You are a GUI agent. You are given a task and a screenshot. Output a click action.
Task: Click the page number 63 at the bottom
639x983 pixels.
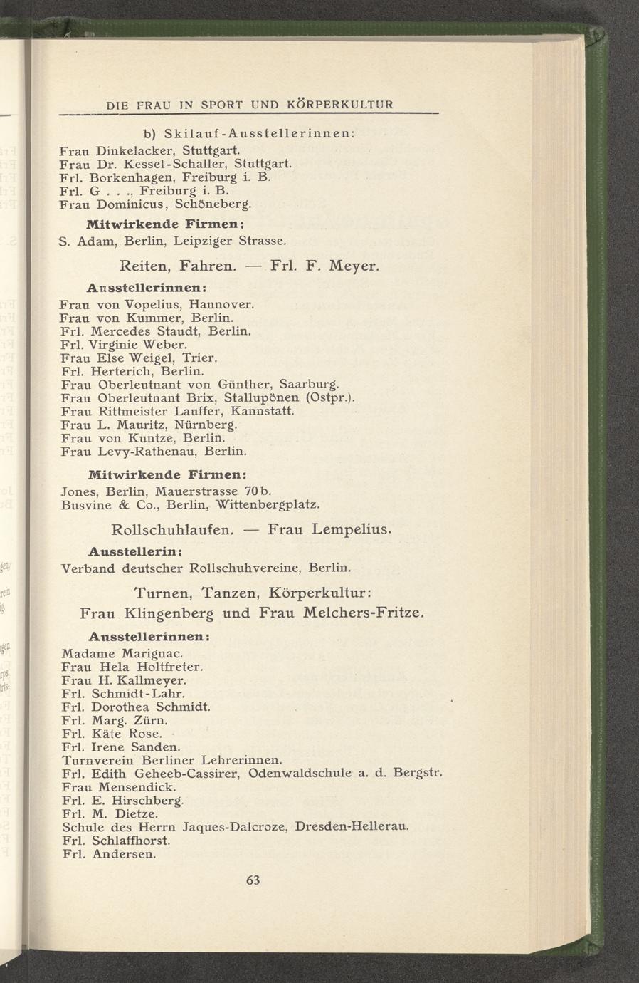253,880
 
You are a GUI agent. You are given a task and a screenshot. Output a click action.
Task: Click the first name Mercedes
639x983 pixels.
122,331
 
